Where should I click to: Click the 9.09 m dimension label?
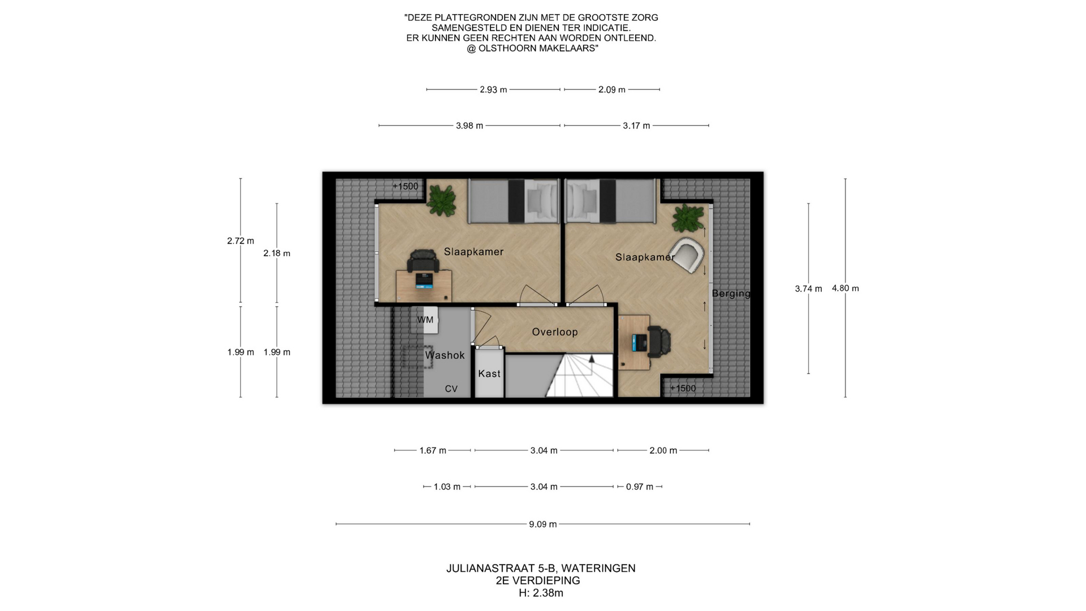(543, 524)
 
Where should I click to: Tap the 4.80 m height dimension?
(845, 289)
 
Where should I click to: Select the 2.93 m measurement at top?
(493, 90)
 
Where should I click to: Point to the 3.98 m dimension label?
(469, 126)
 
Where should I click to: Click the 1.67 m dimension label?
(433, 451)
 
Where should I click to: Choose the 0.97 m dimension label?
(640, 487)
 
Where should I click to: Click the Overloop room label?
(555, 332)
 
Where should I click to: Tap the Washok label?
(445, 355)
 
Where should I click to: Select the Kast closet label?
(489, 373)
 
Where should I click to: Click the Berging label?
(731, 294)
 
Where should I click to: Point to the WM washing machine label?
(425, 320)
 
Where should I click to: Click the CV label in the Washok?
(451, 389)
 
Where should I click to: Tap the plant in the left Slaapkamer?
(441, 200)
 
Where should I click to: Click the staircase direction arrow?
(592, 359)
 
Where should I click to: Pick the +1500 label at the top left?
(406, 186)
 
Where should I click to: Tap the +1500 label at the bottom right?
(683, 388)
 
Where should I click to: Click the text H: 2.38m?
(541, 593)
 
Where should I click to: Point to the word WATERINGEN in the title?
(598, 568)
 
